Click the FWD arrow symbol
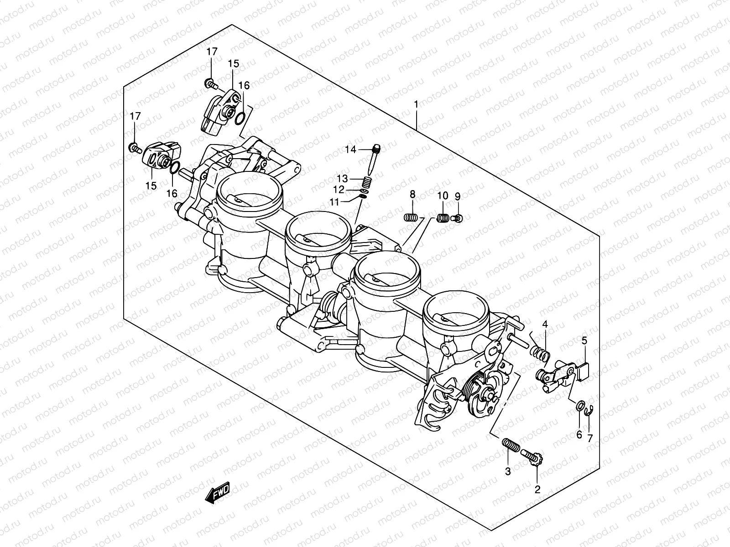pos(218,492)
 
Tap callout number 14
pos(350,149)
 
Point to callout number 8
pos(412,195)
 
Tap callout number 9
pos(457,196)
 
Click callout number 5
pos(584,340)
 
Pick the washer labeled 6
pos(580,405)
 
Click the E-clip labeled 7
pos(589,411)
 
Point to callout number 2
pos(537,490)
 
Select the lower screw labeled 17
pos(135,148)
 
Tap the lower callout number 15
pos(151,186)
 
